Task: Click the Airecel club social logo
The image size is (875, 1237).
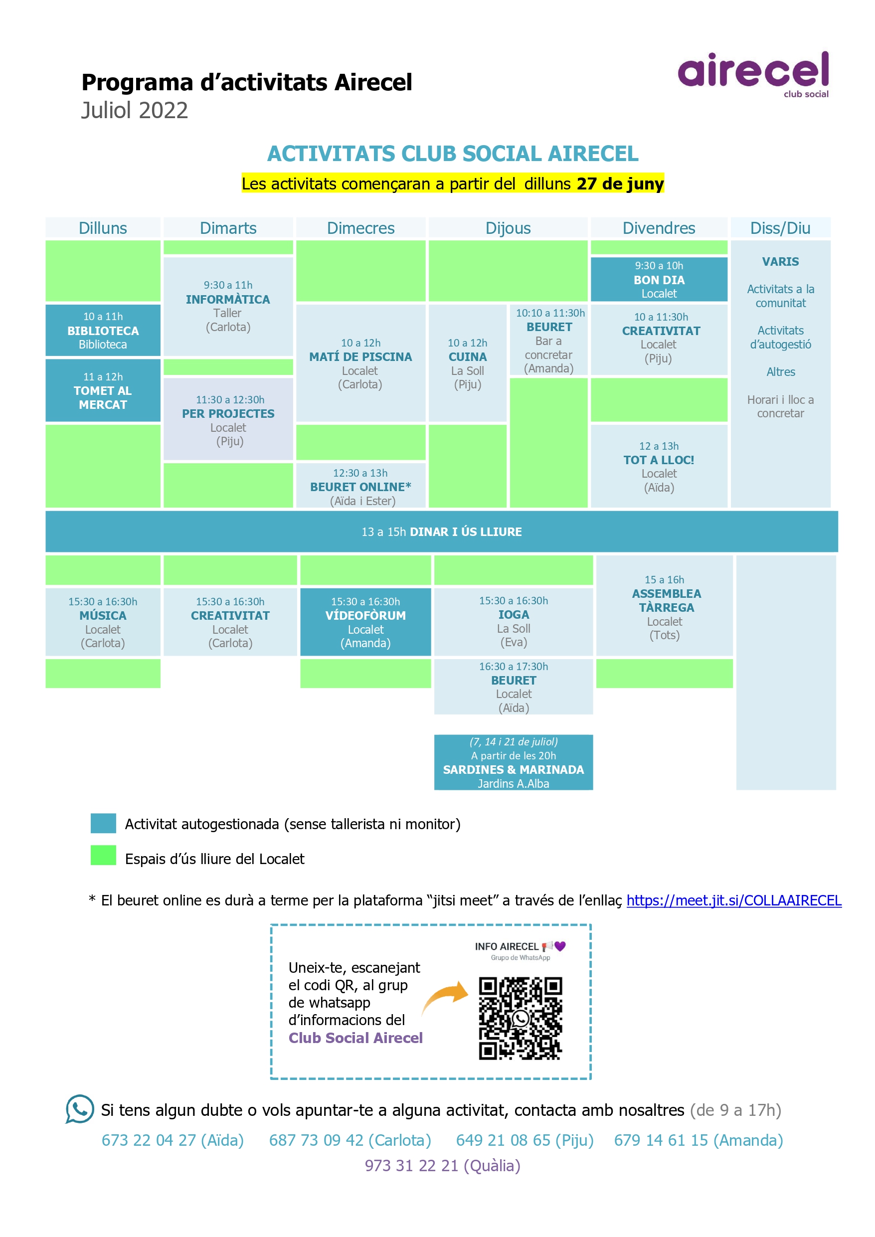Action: point(753,74)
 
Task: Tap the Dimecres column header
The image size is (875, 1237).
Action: point(360,228)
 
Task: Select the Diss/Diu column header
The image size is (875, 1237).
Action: point(780,228)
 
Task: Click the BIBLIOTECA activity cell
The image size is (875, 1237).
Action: point(103,330)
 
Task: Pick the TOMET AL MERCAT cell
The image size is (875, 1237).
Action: point(103,390)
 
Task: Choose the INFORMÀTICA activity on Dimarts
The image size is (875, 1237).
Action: point(228,306)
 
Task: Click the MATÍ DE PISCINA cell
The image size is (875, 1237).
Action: point(360,363)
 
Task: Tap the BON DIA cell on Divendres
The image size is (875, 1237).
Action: point(659,279)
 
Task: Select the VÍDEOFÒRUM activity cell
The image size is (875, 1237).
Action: point(365,622)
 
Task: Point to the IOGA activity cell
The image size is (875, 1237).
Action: point(514,622)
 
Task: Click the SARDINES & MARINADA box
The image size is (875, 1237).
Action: point(514,762)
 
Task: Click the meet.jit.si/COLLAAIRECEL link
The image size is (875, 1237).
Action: point(734,900)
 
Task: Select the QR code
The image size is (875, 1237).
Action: point(521,1018)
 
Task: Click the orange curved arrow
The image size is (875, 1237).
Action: point(445,997)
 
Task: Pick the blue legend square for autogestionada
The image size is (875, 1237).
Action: point(103,823)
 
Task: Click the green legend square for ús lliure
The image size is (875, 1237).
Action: point(103,855)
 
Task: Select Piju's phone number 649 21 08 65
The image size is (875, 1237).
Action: point(525,1141)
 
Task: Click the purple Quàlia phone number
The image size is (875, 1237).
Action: point(442,1165)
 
